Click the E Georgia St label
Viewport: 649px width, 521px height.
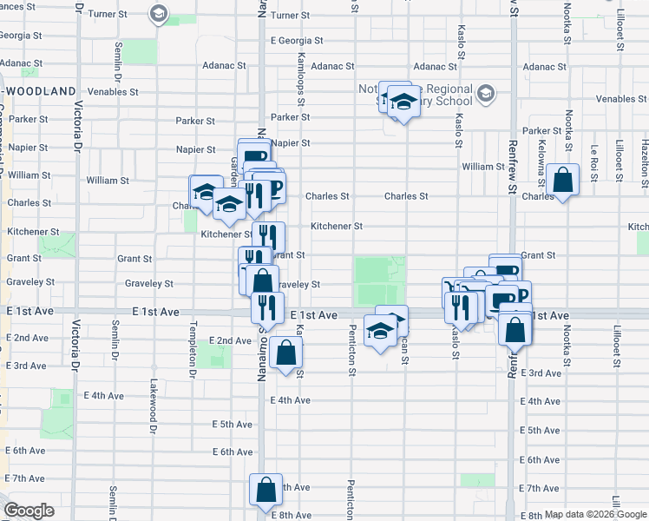click(x=297, y=41)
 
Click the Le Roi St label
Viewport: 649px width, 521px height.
click(x=593, y=152)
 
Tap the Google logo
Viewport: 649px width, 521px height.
click(x=29, y=511)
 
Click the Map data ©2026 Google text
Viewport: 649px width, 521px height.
click(x=594, y=514)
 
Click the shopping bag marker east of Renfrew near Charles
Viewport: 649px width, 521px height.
click(x=563, y=181)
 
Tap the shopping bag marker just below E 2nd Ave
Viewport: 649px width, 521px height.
click(x=285, y=353)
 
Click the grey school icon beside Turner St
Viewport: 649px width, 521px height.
click(x=158, y=13)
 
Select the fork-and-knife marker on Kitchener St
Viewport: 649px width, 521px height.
click(x=268, y=236)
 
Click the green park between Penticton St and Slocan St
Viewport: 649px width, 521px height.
click(x=379, y=280)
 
